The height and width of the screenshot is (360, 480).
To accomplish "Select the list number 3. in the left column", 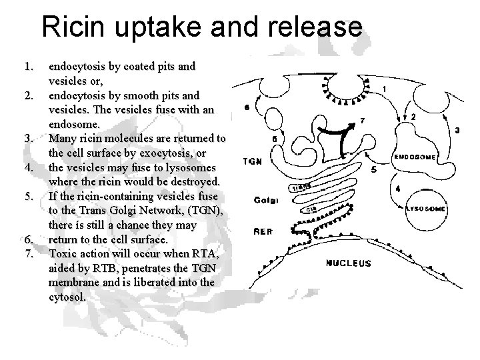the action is click(x=28, y=138).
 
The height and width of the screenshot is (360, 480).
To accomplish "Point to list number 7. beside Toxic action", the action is click(x=28, y=254).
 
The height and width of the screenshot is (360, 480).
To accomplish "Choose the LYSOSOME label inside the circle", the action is click(x=425, y=208).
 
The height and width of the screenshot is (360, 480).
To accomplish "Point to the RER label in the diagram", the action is click(x=263, y=232).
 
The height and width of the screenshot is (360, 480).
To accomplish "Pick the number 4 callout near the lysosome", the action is click(x=397, y=189).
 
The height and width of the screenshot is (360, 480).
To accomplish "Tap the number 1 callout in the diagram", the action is click(x=385, y=89).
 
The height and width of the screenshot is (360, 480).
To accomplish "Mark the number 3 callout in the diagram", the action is click(x=457, y=131).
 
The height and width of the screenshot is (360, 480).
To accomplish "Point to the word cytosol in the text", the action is click(x=67, y=297).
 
